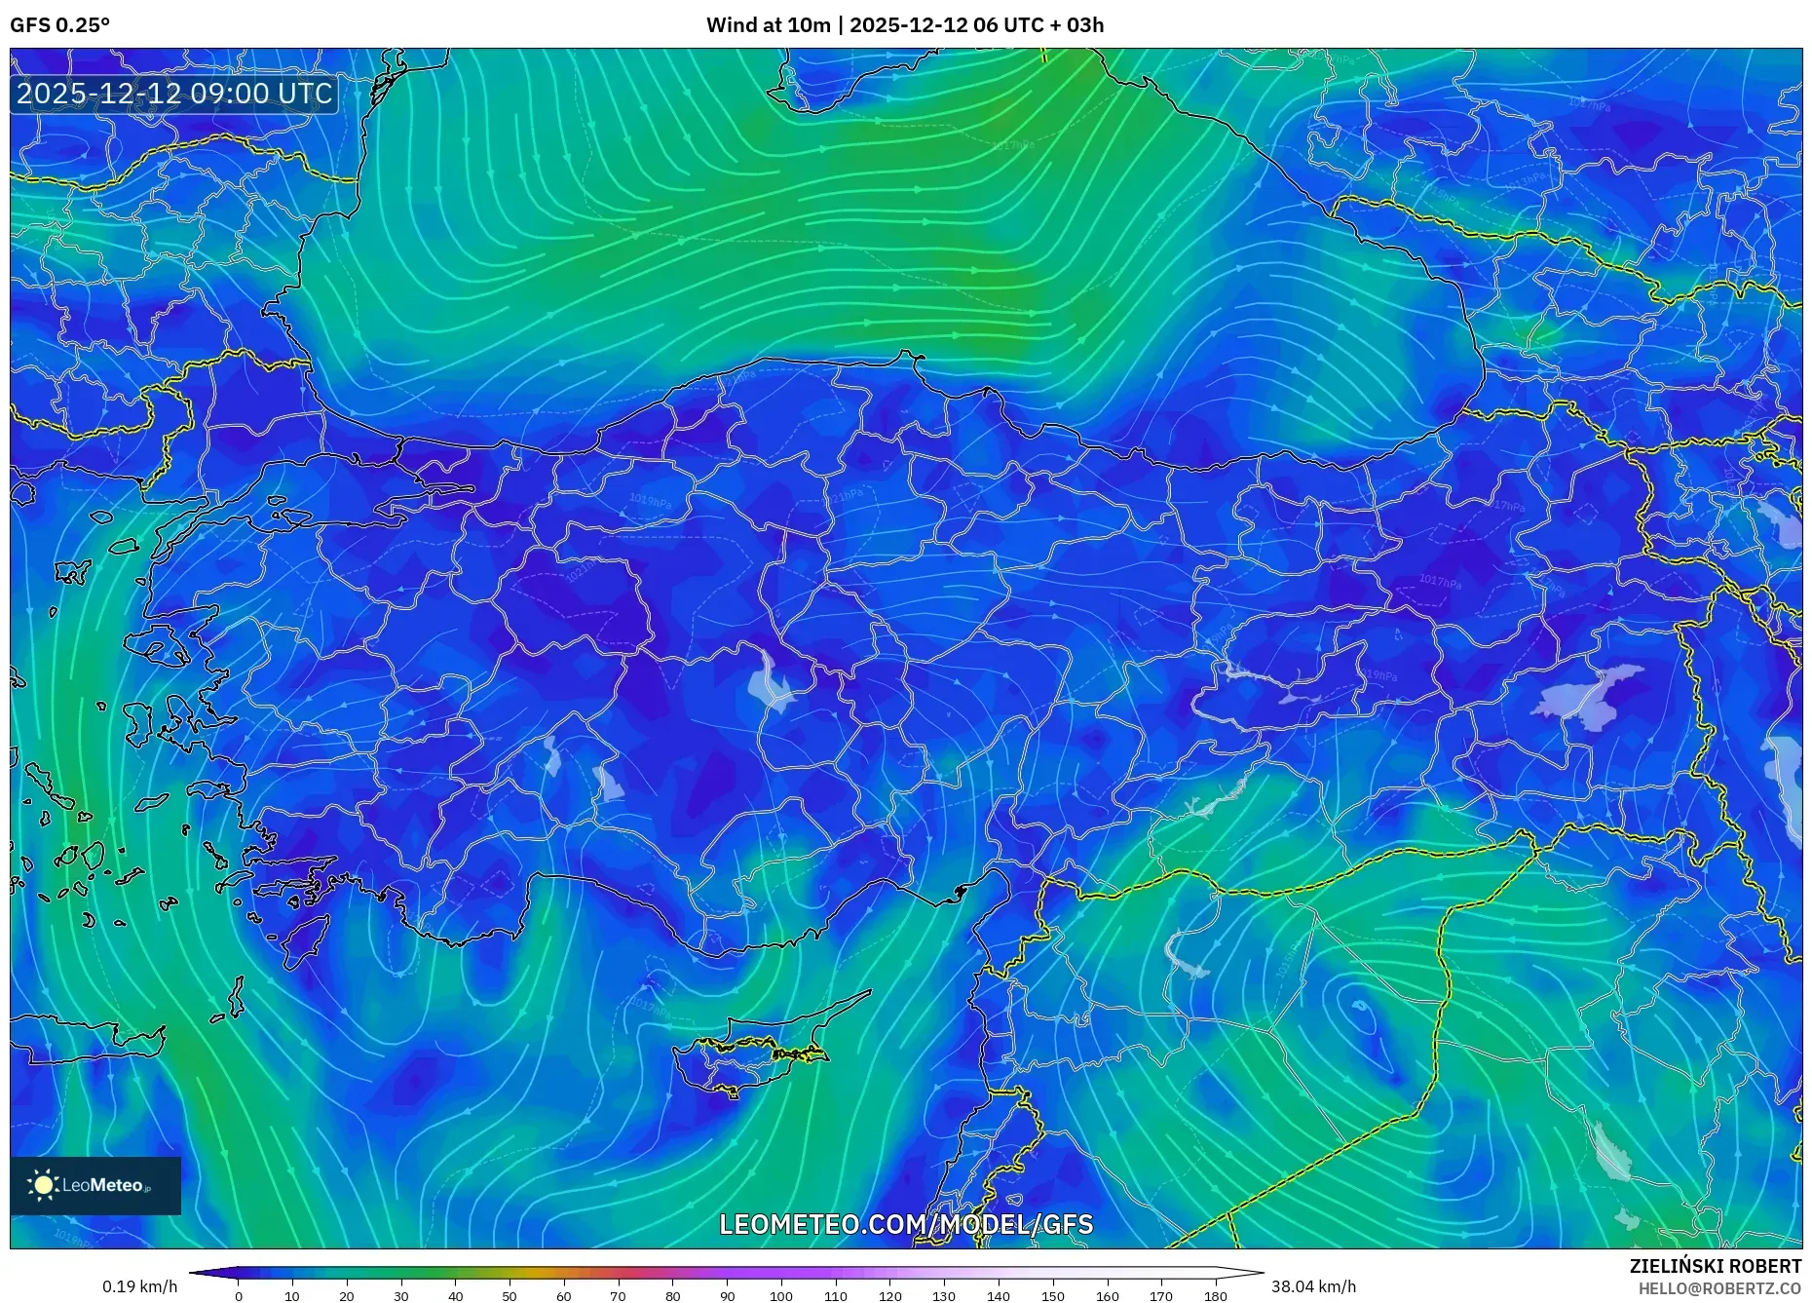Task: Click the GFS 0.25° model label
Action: (x=59, y=25)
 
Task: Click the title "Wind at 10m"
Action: (x=768, y=25)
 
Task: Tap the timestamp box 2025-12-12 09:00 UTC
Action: (x=174, y=94)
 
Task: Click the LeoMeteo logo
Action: (x=95, y=1185)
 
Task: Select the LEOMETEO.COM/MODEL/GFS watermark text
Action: (x=906, y=1224)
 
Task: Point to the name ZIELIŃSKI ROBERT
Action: (x=1715, y=1266)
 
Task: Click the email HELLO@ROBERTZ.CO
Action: (x=1719, y=1288)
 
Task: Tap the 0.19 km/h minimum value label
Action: (x=140, y=1286)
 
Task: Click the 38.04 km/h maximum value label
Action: (x=1313, y=1286)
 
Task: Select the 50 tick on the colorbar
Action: (x=510, y=1296)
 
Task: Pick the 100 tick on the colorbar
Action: (x=781, y=1296)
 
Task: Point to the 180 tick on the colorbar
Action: (x=1215, y=1296)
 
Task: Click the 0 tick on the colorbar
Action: (x=239, y=1296)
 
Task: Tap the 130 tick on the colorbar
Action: (x=944, y=1296)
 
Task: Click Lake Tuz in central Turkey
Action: (x=771, y=683)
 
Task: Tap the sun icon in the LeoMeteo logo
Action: (x=44, y=1185)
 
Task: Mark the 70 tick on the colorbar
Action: (x=618, y=1296)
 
